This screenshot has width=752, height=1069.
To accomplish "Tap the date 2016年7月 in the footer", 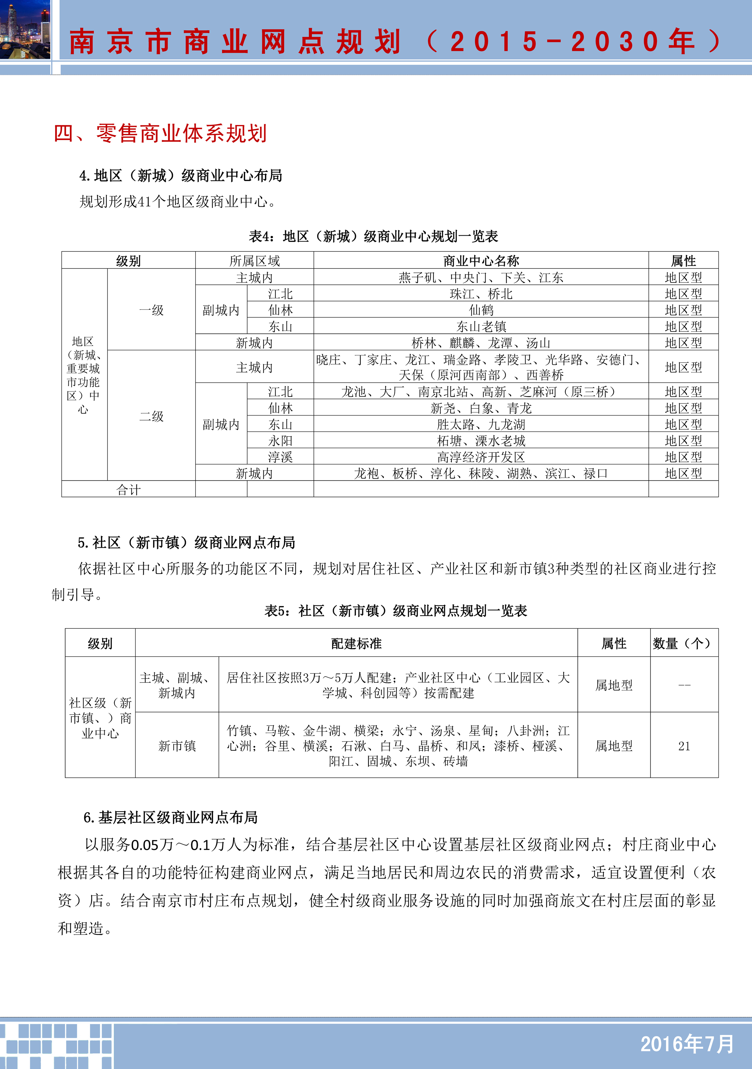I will [x=687, y=1044].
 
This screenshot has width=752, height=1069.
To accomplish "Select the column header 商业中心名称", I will [x=481, y=261].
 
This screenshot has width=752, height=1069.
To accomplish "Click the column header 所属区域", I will [x=254, y=261].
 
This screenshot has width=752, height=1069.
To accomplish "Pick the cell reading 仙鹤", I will [x=481, y=310].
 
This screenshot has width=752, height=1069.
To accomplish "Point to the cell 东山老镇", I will [x=481, y=326].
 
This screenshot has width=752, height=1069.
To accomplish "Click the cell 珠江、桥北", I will [x=481, y=294].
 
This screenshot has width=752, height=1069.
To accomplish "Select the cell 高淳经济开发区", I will [x=481, y=457].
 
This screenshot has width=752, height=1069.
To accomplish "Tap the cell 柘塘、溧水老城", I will [x=481, y=441].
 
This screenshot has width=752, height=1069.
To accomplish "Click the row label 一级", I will [x=151, y=310].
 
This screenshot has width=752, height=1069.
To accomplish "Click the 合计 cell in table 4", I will [x=128, y=489].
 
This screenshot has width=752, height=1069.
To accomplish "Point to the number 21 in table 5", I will [x=684, y=746].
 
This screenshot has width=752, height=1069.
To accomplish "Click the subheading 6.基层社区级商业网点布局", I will [x=171, y=817].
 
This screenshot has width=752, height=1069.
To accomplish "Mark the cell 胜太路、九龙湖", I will [x=481, y=424].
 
